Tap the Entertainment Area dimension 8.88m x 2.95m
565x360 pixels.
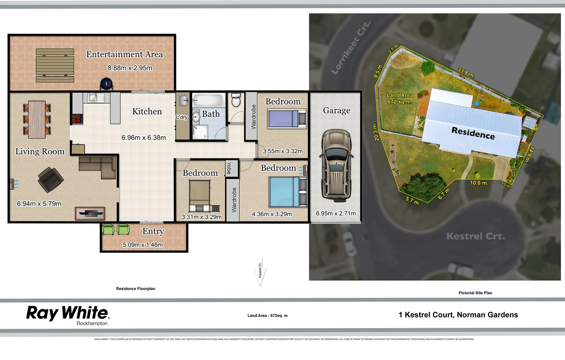point(130,68)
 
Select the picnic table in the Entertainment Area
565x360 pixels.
point(55,65)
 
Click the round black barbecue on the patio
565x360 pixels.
point(106,84)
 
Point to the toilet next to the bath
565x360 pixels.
point(236,100)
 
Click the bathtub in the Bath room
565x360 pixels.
point(208,100)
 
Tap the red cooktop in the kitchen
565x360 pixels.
point(77,118)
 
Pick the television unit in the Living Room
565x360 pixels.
point(90,213)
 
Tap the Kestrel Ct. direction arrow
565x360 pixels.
point(260,272)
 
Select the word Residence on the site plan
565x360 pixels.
point(473,133)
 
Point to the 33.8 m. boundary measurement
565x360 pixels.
point(466,73)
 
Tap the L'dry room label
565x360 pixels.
point(182,117)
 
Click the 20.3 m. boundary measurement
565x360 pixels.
point(375,132)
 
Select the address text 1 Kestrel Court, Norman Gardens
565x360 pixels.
point(458,315)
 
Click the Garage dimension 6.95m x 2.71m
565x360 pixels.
point(335,213)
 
